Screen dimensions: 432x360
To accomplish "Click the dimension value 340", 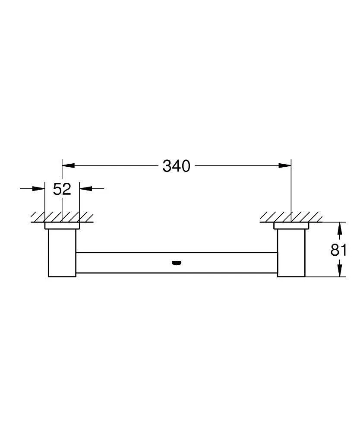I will [176, 165].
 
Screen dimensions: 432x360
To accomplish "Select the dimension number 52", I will [62, 189].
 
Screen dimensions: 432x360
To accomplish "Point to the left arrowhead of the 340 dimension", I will [69, 165].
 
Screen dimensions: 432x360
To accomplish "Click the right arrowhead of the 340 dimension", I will [284, 165].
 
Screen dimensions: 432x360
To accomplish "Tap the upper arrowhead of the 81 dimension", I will [341, 228].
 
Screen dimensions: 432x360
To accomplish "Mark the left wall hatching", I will [62, 216].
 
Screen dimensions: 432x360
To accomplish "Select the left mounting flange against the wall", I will [62, 226].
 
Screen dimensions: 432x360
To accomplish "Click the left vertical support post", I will [62, 253].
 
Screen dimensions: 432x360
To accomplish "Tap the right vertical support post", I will [291, 253].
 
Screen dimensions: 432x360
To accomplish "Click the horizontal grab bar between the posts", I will [129, 263].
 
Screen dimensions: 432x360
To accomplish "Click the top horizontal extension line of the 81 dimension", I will [328, 222].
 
